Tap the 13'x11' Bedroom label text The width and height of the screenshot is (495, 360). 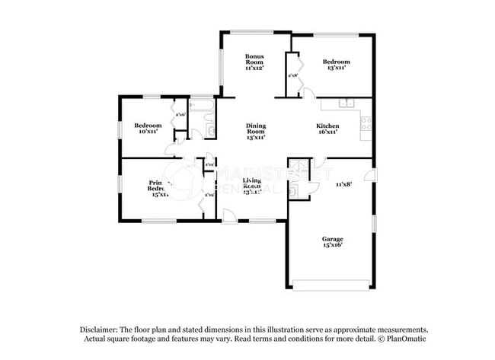336,62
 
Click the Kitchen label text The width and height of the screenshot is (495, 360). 327,126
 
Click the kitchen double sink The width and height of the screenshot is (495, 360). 345,105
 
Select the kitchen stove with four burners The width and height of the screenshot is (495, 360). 366,121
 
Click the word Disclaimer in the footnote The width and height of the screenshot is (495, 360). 101,329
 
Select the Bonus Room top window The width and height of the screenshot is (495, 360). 255,32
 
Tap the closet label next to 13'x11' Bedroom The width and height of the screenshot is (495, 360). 292,75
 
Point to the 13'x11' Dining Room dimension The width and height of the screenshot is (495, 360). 255,138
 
